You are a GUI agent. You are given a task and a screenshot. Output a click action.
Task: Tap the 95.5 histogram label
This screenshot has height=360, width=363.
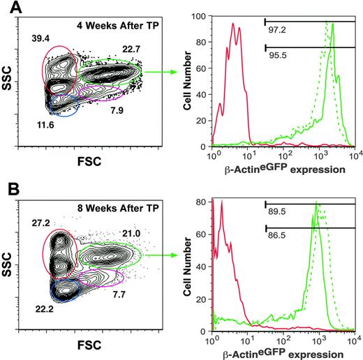279,55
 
